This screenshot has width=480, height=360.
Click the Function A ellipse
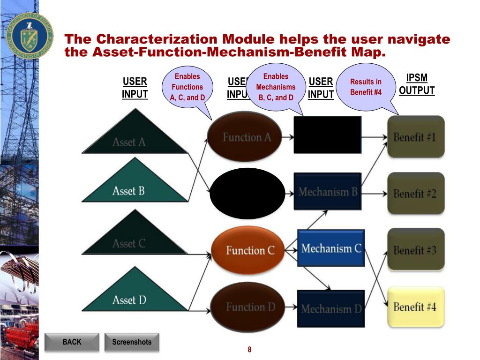click(247, 137)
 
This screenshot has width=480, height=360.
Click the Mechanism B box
click(328, 191)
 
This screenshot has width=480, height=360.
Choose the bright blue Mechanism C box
click(330, 248)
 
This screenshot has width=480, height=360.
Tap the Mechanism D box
click(330, 308)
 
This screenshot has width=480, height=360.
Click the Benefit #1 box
click(415, 137)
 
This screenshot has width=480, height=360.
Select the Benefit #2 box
click(415, 193)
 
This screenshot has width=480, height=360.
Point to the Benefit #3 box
click(415, 249)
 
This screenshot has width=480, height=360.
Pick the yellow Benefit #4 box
click(415, 307)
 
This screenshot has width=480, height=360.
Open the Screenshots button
click(132, 342)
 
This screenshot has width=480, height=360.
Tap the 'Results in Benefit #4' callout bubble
click(366, 87)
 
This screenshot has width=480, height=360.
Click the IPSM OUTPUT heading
click(417, 84)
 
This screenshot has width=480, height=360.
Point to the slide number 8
click(249, 349)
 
